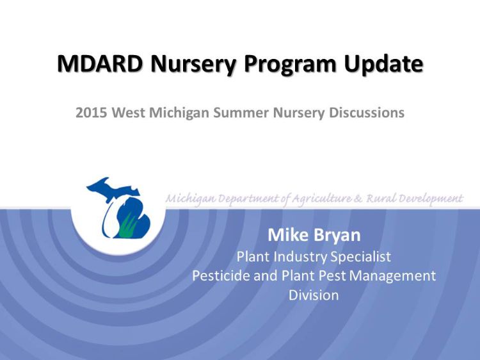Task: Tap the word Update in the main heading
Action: pyautogui.click(x=383, y=64)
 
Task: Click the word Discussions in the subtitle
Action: pyautogui.click(x=366, y=113)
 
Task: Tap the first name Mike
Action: pyautogui.click(x=287, y=234)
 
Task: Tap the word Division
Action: pyautogui.click(x=314, y=295)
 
